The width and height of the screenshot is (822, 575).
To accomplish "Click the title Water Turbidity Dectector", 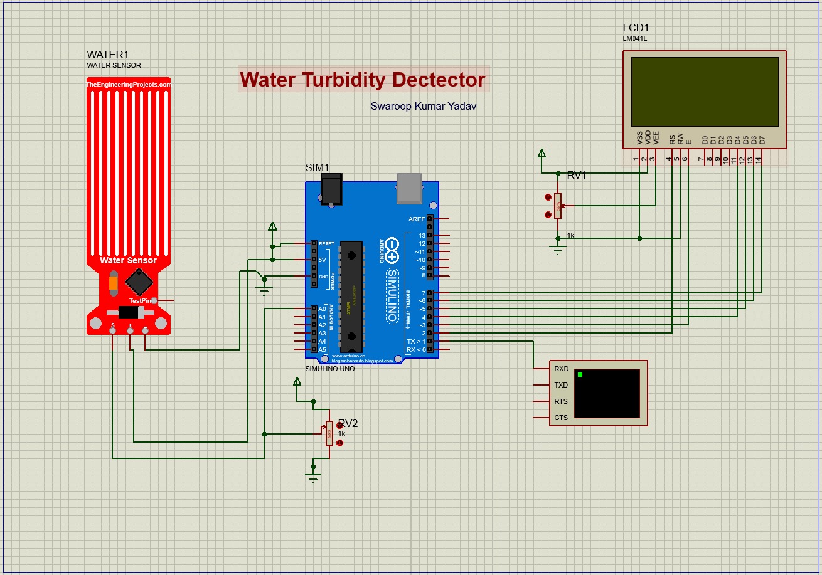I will click(363, 80).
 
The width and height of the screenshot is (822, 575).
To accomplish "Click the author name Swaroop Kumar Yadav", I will click(423, 107).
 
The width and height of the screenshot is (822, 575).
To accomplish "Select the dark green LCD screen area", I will click(704, 92).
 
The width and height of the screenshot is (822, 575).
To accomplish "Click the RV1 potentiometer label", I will click(577, 176).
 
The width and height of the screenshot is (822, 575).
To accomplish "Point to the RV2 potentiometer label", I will click(348, 424).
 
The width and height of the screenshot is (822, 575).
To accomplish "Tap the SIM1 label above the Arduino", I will click(317, 167).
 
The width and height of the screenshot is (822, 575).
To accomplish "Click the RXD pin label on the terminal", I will click(561, 369).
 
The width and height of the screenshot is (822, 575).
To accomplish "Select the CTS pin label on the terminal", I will click(561, 418).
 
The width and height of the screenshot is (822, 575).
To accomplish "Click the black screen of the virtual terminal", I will click(607, 393).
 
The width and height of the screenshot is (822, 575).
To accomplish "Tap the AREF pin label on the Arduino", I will click(416, 219).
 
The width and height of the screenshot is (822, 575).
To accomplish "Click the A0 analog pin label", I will click(322, 309).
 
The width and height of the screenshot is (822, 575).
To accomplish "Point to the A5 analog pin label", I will click(322, 349).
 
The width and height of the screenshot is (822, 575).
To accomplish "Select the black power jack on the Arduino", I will click(331, 189).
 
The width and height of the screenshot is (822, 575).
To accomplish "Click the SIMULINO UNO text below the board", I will click(329, 369).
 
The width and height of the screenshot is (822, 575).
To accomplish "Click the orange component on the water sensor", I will click(113, 282).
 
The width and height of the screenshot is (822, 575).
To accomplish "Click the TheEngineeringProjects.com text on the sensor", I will click(128, 84).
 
